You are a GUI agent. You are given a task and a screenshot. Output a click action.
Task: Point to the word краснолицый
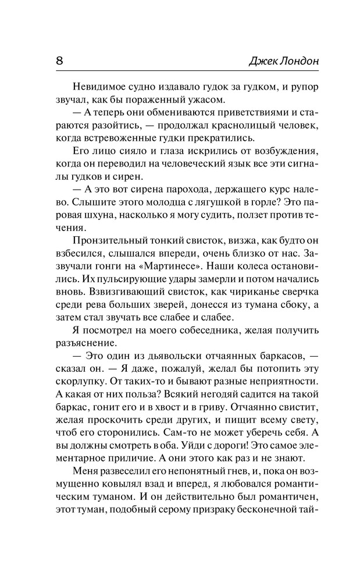[249, 125]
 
